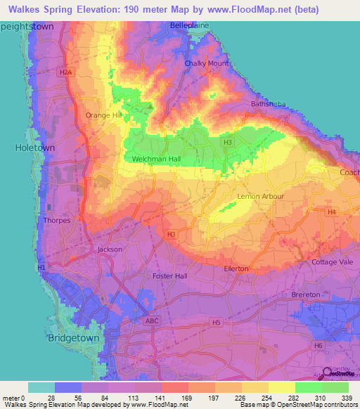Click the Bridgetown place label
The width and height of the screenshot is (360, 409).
[74, 338]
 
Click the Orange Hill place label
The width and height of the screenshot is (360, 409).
[103, 115]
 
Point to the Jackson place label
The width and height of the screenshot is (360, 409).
[110, 249]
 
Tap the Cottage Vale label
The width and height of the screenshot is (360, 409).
[333, 262]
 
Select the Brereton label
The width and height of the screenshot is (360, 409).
[305, 294]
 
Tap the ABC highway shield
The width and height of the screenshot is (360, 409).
[152, 320]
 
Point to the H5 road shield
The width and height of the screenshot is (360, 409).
[217, 323]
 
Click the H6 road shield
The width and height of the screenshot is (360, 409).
[318, 345]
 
